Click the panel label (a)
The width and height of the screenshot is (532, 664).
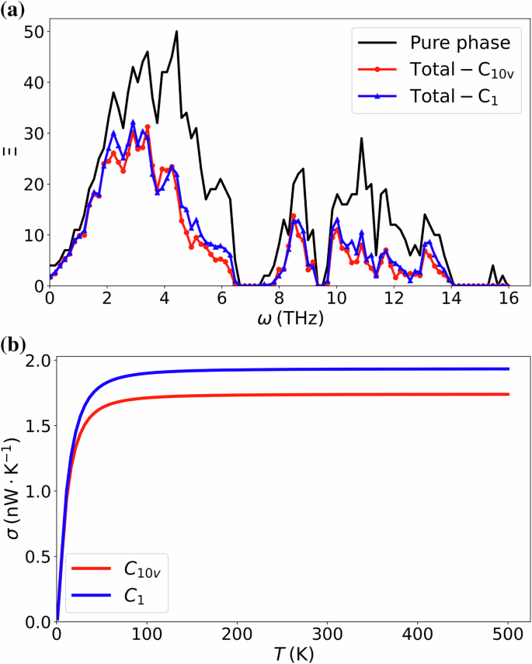coord(15,10)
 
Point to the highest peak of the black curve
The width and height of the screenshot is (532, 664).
coord(177,32)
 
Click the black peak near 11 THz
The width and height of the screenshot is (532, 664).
coord(361,139)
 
